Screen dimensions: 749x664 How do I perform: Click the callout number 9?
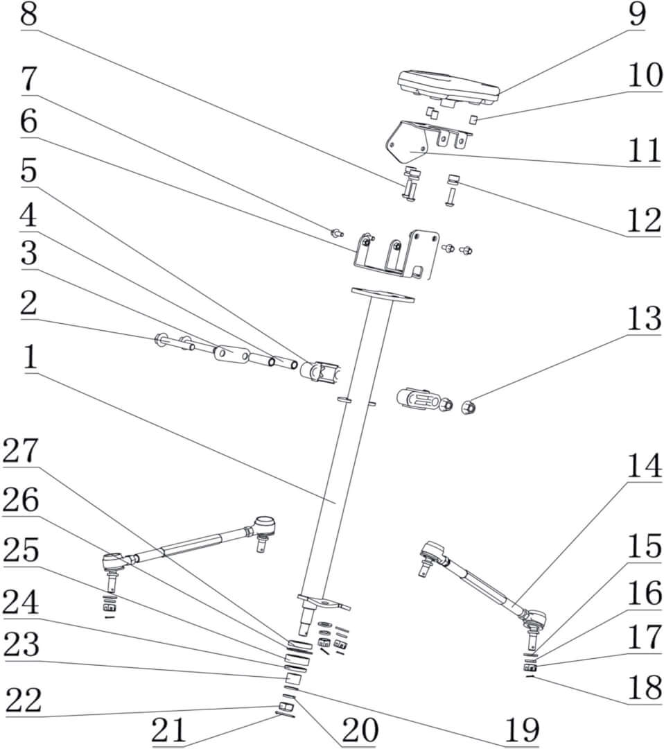(637, 15)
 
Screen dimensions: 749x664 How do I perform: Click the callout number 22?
(23, 701)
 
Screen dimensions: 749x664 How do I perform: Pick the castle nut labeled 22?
(283, 706)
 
